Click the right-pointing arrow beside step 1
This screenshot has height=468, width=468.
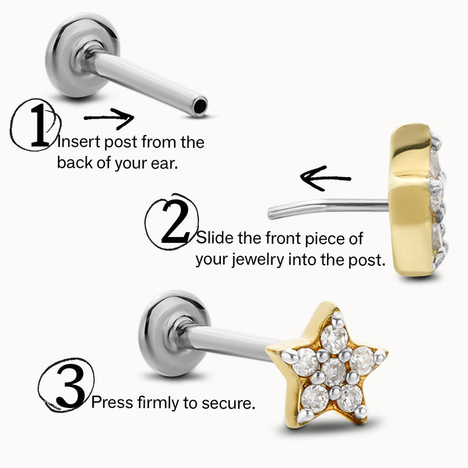(x=109, y=117)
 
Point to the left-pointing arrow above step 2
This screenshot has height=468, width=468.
(x=325, y=177)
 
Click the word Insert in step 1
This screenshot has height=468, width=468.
(x=77, y=142)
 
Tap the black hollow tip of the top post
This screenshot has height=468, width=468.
(x=199, y=107)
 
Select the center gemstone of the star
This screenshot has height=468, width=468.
(x=334, y=372)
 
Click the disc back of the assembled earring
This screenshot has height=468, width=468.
(x=163, y=334)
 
